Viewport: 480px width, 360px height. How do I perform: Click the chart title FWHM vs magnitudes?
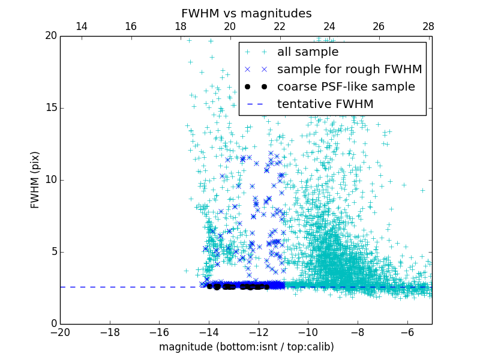pos(246,13)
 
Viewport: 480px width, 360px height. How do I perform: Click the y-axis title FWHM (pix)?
pos(35,179)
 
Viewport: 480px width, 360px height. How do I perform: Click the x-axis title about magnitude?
pos(246,347)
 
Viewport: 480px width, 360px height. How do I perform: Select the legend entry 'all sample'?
pos(307,52)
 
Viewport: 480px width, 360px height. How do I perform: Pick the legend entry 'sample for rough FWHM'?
pos(349,70)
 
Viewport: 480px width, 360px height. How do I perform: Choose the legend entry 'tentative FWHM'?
pos(325,104)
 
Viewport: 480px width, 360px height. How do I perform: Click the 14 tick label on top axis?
pos(81,26)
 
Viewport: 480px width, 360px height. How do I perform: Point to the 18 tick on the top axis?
pos(180,26)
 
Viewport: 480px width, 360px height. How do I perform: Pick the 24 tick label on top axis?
pos(329,26)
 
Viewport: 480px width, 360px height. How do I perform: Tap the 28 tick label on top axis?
pos(428,26)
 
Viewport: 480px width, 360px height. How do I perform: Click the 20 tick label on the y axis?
pos(50,36)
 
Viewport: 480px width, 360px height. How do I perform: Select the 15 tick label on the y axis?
pos(50,108)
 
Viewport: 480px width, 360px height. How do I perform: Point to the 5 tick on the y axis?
pos(53,252)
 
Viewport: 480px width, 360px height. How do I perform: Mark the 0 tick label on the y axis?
pos(53,324)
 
